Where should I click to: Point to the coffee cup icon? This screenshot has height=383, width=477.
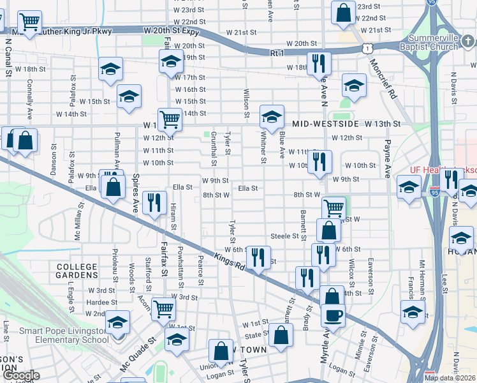(x=332, y=315)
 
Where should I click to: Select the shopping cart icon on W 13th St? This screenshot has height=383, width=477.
(x=170, y=119)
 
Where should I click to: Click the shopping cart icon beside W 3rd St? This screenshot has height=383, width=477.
(x=164, y=309)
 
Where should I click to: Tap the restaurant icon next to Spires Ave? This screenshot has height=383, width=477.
(x=154, y=204)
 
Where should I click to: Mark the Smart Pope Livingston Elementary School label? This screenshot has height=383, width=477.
(x=64, y=335)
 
